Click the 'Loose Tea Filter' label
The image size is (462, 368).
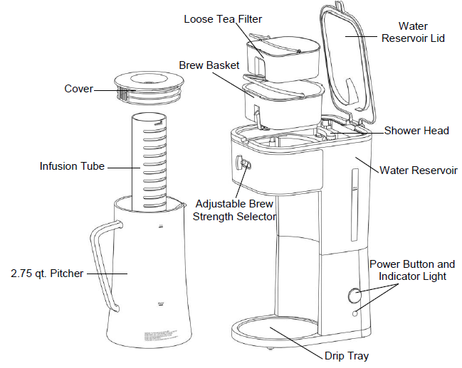coord(223,18)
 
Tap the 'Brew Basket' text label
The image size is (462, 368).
coord(207,65)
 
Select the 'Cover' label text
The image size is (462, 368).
coord(78,89)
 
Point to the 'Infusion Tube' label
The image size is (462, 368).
coord(72,166)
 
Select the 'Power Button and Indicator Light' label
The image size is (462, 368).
coord(411,270)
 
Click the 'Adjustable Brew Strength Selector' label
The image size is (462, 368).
coord(234,210)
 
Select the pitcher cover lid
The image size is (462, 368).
coord(148,87)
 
